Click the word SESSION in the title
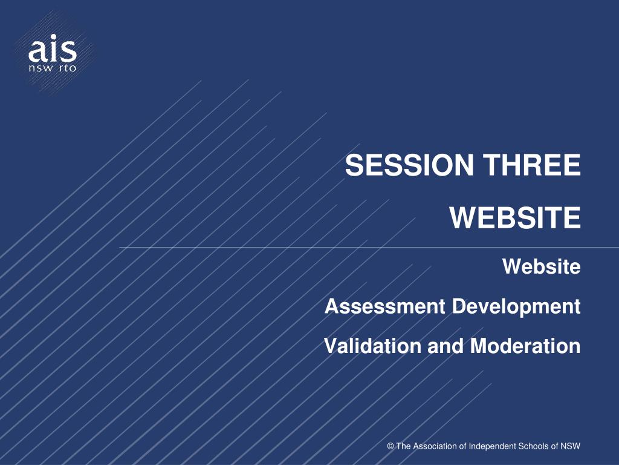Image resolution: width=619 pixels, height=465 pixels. [409, 165]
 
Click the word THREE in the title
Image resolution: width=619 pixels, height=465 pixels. [532, 165]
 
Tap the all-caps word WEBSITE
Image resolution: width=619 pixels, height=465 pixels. [515, 217]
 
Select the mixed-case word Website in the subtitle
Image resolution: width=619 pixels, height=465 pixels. [542, 266]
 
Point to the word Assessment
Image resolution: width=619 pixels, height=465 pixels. [385, 306]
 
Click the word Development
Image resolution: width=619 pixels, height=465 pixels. [516, 307]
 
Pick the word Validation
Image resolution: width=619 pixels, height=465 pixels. [372, 346]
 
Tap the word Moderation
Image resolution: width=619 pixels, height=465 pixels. [525, 346]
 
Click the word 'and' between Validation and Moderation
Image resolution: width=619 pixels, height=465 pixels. [446, 346]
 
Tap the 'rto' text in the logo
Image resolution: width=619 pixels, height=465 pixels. [68, 68]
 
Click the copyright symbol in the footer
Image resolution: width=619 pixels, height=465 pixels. [391, 446]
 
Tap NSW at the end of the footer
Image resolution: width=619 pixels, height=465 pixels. [571, 446]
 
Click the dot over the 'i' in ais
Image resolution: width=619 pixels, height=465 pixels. [53, 37]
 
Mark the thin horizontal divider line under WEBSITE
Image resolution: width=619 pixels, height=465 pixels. [369, 248]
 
